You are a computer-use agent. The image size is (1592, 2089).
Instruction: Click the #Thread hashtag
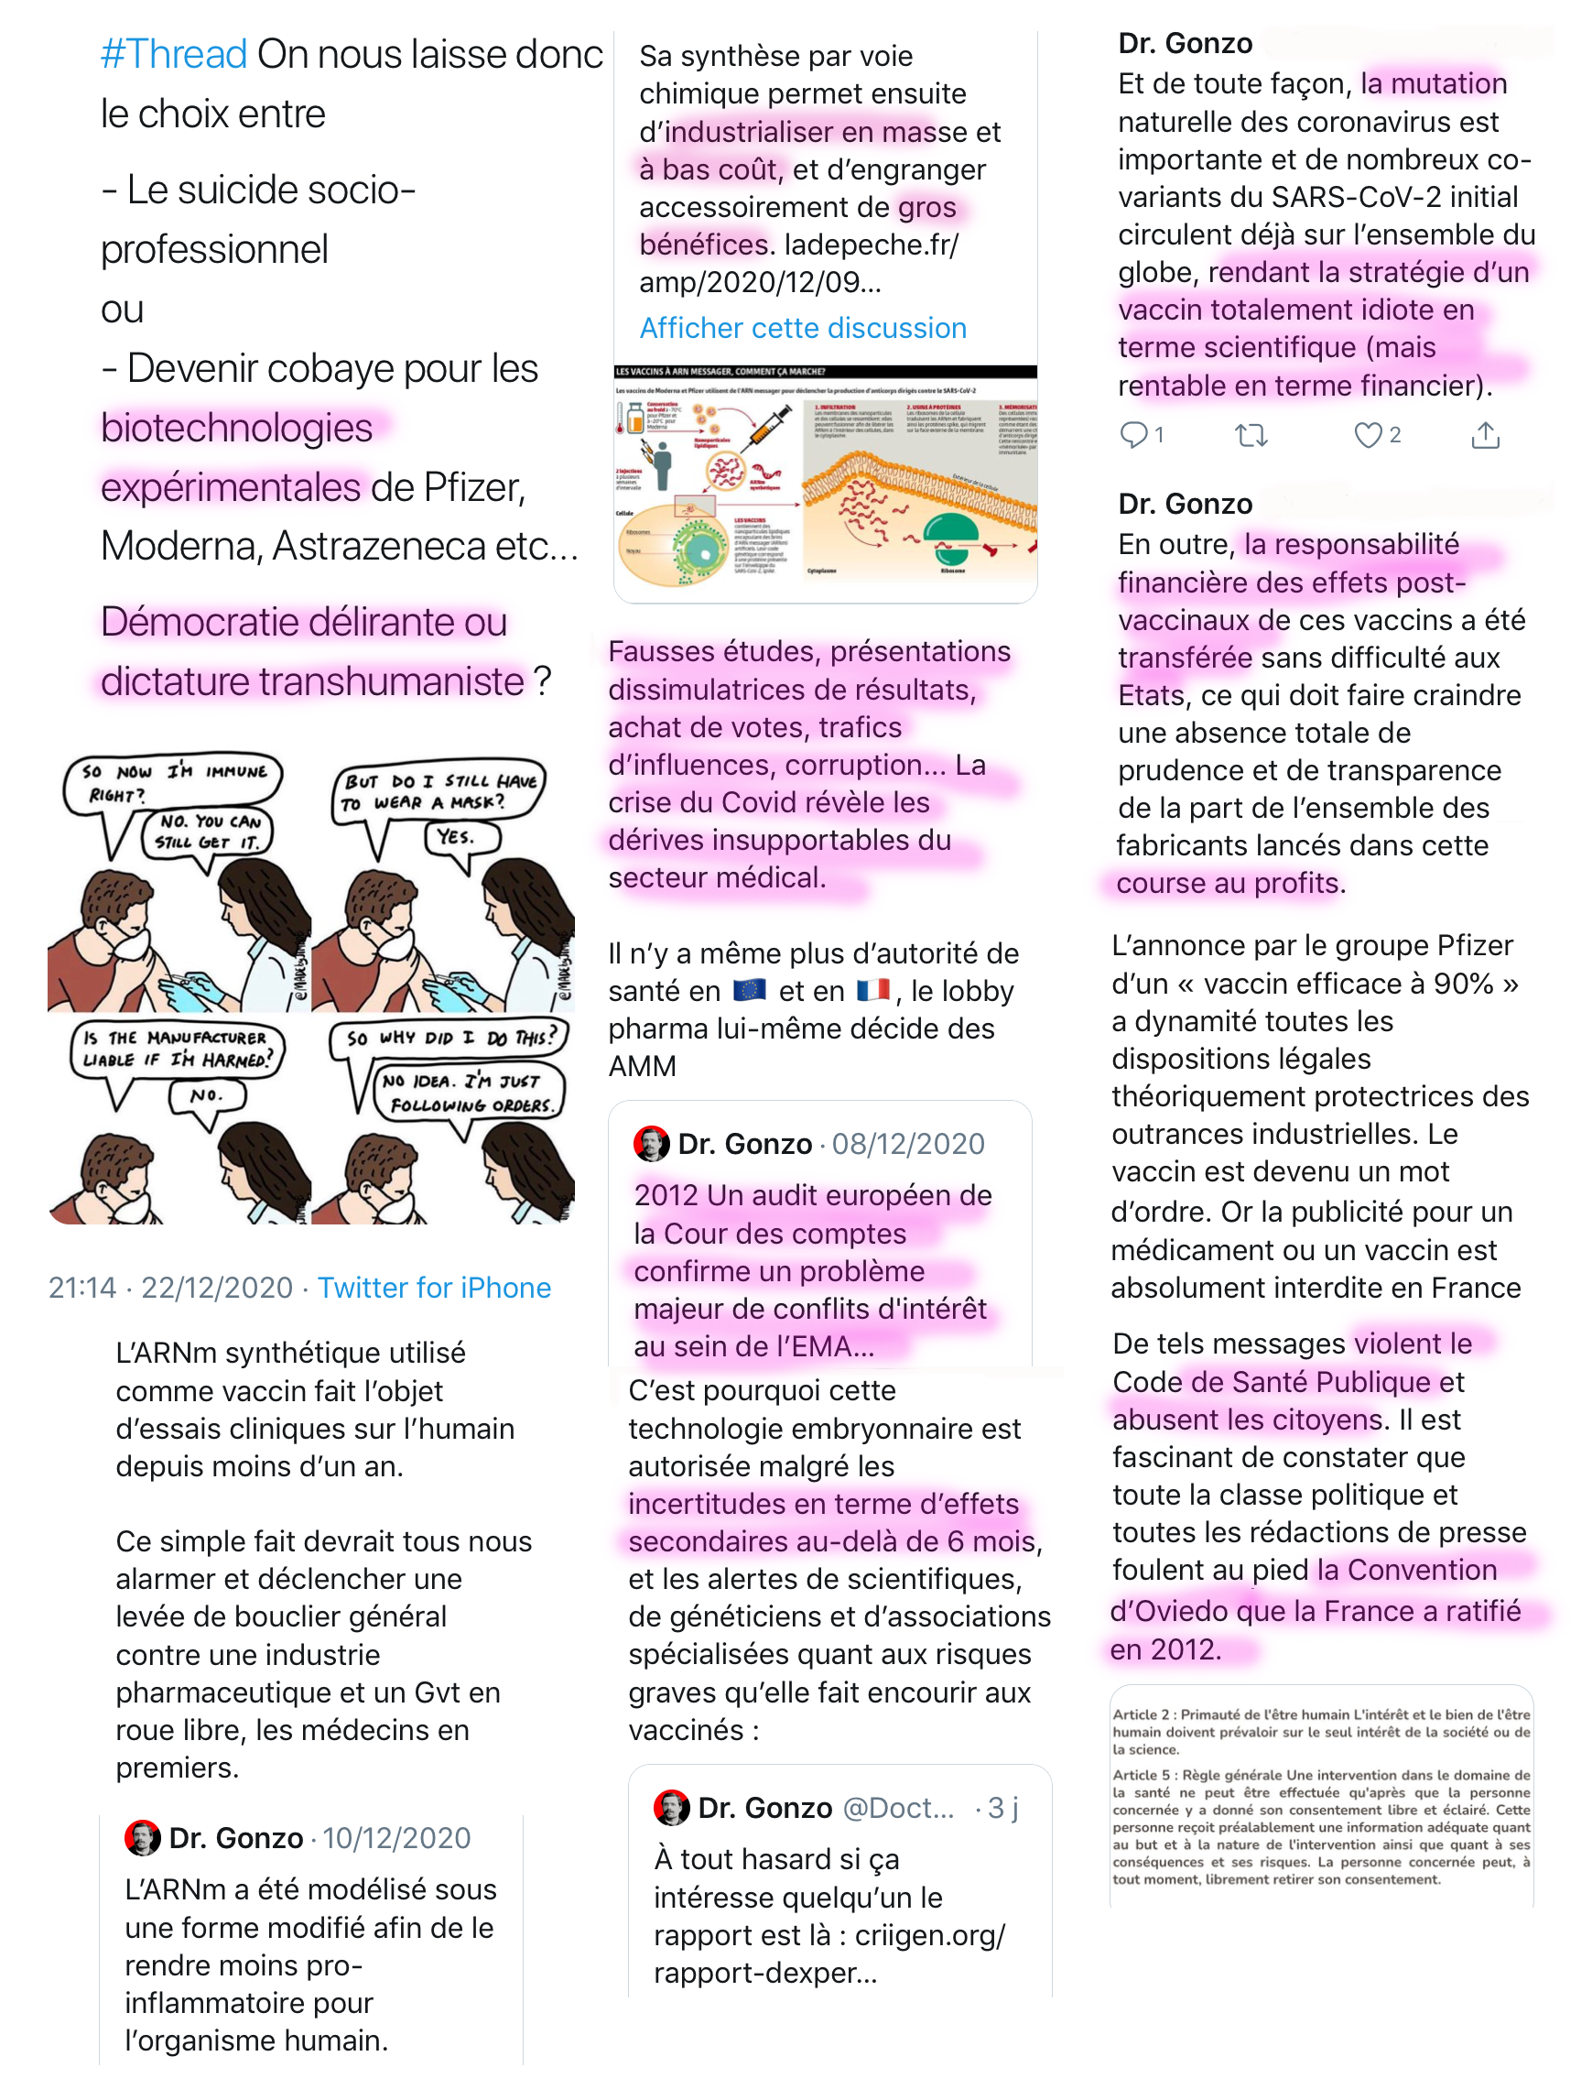(x=173, y=54)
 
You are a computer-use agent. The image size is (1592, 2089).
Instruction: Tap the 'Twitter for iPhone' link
(x=434, y=1287)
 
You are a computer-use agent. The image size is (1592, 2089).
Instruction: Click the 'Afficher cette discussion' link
(x=803, y=328)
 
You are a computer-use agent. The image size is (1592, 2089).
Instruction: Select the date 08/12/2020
(x=908, y=1144)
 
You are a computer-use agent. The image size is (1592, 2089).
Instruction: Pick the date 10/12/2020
(x=396, y=1838)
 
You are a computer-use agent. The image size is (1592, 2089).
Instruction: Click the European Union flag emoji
(x=750, y=991)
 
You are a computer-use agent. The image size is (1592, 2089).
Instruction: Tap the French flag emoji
(x=872, y=991)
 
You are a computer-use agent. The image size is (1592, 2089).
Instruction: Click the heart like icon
(x=1368, y=435)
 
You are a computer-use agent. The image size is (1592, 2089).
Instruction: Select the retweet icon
(x=1251, y=435)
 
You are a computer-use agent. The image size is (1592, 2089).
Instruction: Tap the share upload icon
(x=1485, y=435)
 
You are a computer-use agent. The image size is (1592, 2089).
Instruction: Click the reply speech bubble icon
(x=1133, y=435)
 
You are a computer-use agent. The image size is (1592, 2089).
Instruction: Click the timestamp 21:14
(x=82, y=1287)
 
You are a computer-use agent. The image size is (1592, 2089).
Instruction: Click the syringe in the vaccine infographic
(x=771, y=428)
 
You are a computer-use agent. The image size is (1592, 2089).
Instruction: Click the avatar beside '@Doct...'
(x=671, y=1808)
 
